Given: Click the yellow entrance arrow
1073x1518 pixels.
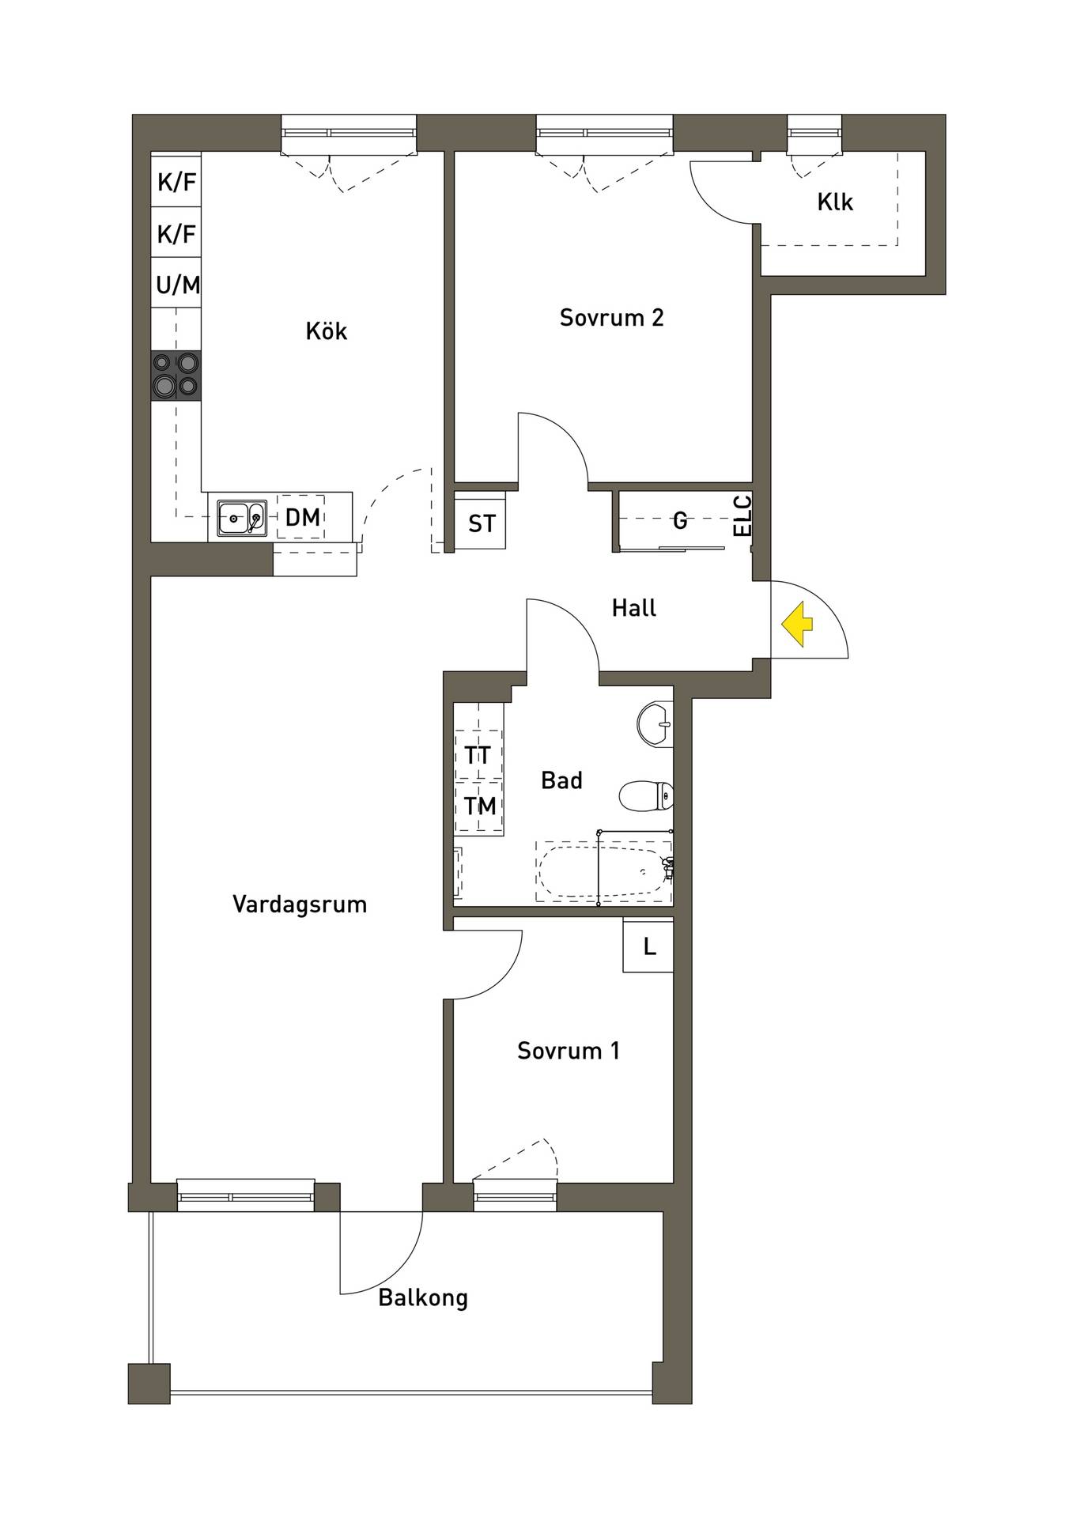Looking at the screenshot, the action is [x=797, y=623].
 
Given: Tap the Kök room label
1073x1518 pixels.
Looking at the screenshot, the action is [x=326, y=330].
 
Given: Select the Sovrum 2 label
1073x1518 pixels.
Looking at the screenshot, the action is [x=611, y=317].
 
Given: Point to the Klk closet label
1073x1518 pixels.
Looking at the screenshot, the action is [x=835, y=202].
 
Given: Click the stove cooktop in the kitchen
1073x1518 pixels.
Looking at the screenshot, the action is [x=176, y=375].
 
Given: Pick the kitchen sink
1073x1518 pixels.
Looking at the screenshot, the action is [x=242, y=518].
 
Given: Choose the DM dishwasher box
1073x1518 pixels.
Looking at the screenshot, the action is [x=301, y=518].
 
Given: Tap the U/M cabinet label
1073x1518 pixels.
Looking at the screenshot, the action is [x=177, y=285].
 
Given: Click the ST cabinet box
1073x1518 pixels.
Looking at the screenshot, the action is [x=481, y=523].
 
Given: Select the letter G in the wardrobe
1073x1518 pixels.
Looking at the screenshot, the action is [x=680, y=520].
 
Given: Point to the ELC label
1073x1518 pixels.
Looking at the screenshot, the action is [x=743, y=515].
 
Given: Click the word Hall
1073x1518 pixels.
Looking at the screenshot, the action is [x=634, y=608].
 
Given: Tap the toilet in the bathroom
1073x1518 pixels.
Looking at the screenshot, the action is [x=647, y=796].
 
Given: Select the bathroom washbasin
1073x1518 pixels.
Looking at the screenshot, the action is [x=655, y=723].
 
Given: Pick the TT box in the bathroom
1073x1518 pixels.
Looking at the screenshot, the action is [x=478, y=754].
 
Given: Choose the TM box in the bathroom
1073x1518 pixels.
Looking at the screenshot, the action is [x=479, y=806].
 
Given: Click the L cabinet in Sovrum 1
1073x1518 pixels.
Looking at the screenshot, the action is [x=648, y=945].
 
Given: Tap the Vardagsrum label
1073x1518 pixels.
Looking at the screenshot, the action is [x=300, y=904].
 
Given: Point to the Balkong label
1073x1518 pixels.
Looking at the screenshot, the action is [x=423, y=1298].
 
